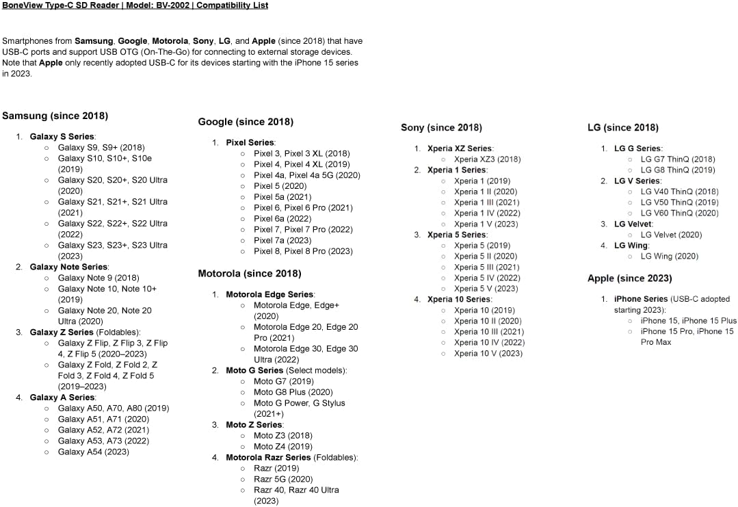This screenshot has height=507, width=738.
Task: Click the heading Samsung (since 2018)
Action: coord(55,116)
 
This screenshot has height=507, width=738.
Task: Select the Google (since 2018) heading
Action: coord(246,122)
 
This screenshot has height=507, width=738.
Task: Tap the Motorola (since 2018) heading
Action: coord(249,274)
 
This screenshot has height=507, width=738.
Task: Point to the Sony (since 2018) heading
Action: coord(441,127)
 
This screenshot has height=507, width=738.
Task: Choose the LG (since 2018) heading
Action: coord(623,127)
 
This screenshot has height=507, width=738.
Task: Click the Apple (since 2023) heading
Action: coord(629,278)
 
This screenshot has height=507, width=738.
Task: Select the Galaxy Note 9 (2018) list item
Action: coord(98,278)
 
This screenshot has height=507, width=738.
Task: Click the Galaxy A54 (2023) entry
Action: coord(93,452)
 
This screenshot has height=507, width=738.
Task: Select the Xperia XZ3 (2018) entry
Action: coord(487,159)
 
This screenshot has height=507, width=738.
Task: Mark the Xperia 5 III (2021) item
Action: coord(486,267)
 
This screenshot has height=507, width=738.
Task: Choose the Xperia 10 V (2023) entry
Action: coord(488,353)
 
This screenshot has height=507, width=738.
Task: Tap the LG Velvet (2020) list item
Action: coord(671,235)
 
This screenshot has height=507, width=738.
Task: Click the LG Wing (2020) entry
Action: coord(669,256)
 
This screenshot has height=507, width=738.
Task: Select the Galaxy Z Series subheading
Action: coord(62,332)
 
